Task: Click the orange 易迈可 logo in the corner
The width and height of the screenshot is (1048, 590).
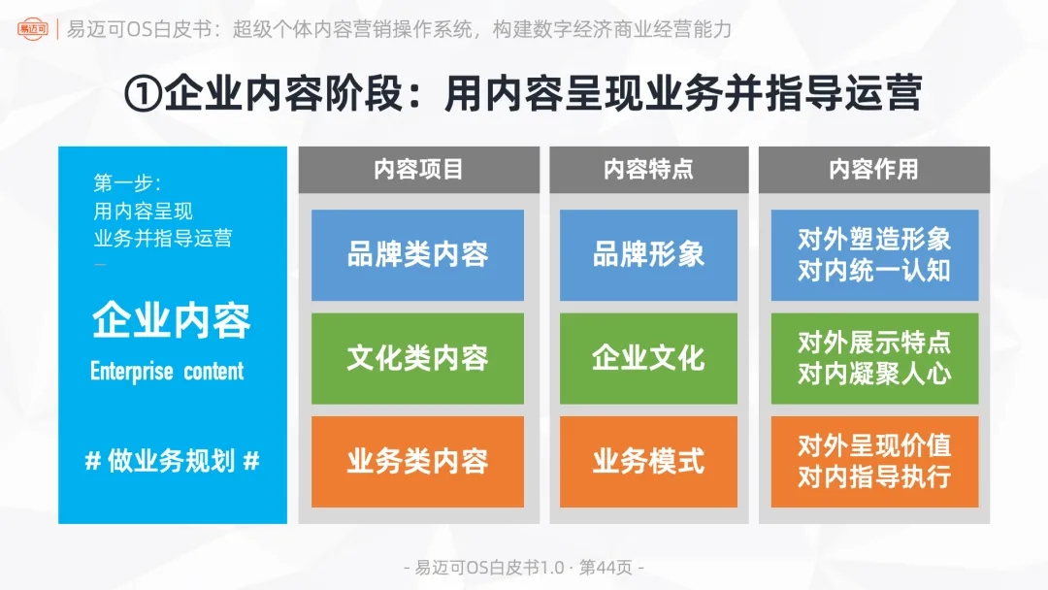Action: tap(35, 28)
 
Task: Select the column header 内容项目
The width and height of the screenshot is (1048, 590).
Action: tap(418, 170)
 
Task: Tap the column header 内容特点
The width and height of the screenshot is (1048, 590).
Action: tap(648, 170)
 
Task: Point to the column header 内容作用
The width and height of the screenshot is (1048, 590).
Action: tap(873, 170)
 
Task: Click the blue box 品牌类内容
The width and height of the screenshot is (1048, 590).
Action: tap(417, 255)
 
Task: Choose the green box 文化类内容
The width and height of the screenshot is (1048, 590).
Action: tap(417, 358)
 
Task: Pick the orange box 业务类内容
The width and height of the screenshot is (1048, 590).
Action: tap(417, 461)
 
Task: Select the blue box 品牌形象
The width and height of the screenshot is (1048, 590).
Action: tap(648, 255)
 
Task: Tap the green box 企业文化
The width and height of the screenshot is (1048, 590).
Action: tap(648, 358)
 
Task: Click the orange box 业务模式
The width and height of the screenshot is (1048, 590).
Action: tap(648, 461)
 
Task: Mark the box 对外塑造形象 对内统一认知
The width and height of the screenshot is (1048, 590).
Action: tap(874, 255)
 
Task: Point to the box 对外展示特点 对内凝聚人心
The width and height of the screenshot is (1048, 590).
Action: tap(874, 358)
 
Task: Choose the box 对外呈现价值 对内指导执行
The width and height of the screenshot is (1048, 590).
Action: tap(874, 461)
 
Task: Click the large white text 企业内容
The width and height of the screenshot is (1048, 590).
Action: tap(172, 321)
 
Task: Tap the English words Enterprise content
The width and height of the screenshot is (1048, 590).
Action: tap(167, 372)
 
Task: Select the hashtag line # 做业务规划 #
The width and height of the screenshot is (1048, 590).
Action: tap(172, 461)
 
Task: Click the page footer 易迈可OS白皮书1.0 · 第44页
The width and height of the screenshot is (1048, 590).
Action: tap(524, 568)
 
